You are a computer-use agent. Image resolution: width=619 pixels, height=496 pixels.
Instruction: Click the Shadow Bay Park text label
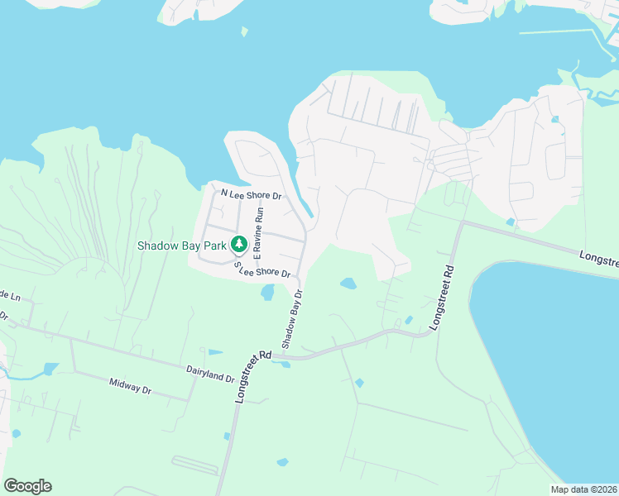[x=182, y=245]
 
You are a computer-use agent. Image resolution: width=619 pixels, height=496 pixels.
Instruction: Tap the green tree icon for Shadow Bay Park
[x=239, y=244]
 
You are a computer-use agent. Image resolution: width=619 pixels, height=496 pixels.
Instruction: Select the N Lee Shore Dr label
[x=252, y=196]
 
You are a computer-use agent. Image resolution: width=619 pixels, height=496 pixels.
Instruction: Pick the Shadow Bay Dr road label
[x=292, y=319]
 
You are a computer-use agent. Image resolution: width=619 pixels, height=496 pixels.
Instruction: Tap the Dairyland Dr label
[x=210, y=376]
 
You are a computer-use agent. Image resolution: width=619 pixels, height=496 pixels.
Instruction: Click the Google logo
[x=27, y=486]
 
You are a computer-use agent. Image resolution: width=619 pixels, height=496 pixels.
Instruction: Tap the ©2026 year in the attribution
[x=603, y=489]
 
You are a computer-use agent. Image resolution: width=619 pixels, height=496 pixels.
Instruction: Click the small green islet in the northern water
[x=244, y=32]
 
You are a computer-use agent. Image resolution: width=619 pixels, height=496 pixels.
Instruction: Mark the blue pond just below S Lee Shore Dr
[x=267, y=292]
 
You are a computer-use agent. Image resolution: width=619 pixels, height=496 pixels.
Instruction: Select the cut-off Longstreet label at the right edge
[x=598, y=260]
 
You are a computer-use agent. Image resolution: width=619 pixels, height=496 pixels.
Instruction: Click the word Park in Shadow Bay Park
[x=214, y=245]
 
